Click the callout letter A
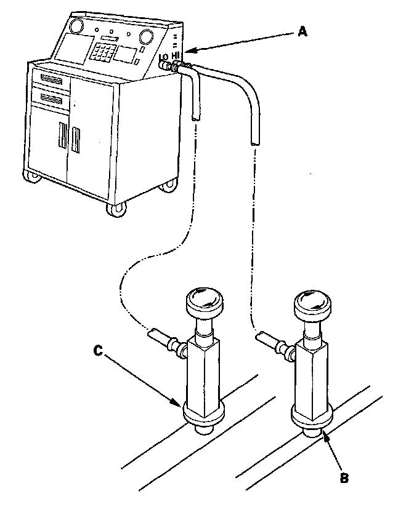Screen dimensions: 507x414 302,32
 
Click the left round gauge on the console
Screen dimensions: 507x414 77,26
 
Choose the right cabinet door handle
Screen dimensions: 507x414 76,140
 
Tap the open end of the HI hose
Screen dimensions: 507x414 254,141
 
